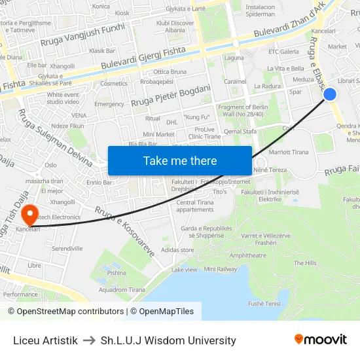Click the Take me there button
point(180,160)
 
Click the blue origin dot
point(330,95)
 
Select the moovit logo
point(320,340)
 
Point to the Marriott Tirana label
point(289,152)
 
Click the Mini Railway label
point(221,269)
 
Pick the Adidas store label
point(177,249)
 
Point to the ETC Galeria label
point(283,52)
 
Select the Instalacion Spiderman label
point(260,10)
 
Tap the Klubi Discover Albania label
point(171,26)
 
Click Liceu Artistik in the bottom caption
point(45,340)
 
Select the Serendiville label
point(67,249)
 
